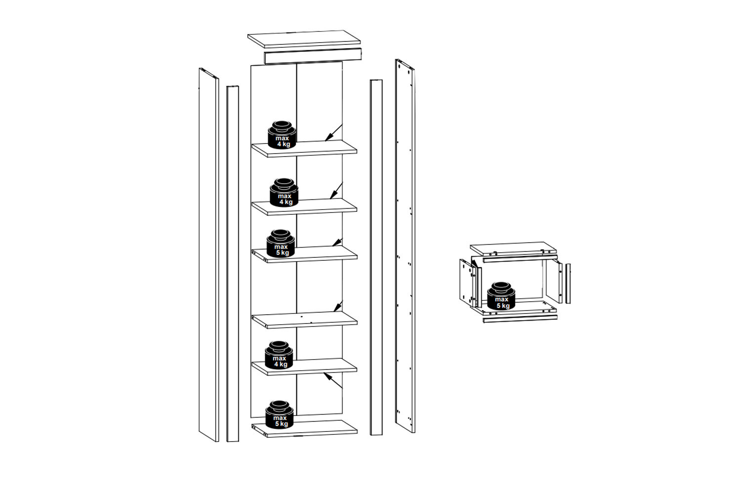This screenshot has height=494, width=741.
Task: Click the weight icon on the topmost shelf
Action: (x=282, y=135)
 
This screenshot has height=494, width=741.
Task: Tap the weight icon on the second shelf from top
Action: (x=284, y=192)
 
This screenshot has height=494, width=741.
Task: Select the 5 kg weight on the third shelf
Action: (x=281, y=243)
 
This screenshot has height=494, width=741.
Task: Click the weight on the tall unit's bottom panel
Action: (x=280, y=414)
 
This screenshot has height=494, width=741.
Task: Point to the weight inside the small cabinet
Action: (x=501, y=296)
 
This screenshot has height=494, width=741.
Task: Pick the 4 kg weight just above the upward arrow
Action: (x=279, y=355)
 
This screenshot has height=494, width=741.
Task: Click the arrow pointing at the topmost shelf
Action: (x=333, y=133)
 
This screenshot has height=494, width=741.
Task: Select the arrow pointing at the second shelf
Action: (x=336, y=191)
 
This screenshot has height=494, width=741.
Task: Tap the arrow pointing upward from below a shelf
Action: (x=333, y=380)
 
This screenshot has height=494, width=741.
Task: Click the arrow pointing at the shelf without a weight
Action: (x=338, y=306)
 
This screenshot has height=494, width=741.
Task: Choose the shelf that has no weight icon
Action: (x=304, y=320)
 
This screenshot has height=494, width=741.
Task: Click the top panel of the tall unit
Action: (x=304, y=39)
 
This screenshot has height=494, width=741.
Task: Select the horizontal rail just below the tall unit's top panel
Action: (x=313, y=56)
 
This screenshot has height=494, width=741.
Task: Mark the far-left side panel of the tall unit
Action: (x=209, y=255)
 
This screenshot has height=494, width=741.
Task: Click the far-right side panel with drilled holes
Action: (x=405, y=246)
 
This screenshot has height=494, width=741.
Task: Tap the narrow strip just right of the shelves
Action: (x=376, y=257)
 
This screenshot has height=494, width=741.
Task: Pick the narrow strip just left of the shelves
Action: (x=233, y=264)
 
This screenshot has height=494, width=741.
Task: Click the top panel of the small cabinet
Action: (x=513, y=249)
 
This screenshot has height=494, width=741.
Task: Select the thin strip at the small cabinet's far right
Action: (x=568, y=284)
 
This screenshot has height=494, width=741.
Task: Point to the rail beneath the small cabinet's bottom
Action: (x=520, y=319)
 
